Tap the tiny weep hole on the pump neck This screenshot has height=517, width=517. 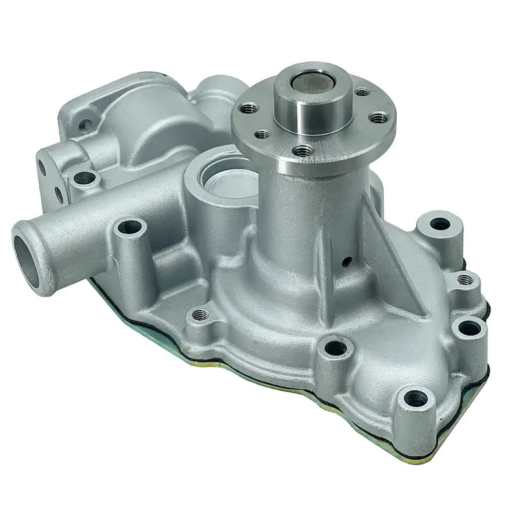click(347, 261)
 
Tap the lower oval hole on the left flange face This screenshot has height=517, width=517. click(59, 193)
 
